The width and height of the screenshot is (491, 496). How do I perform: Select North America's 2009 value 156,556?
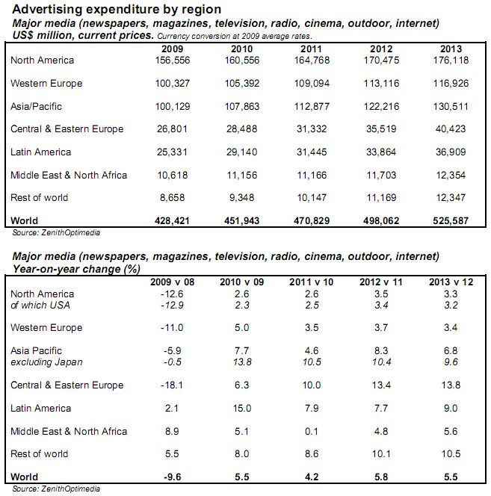click(173, 61)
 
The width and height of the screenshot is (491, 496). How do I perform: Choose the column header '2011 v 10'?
click(313, 282)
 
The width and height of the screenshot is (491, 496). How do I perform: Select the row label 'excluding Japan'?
click(46, 362)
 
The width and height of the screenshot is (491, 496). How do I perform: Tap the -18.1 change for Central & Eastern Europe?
click(173, 385)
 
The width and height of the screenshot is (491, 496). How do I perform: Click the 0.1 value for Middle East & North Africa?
click(313, 432)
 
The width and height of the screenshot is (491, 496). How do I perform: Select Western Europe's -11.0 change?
click(173, 328)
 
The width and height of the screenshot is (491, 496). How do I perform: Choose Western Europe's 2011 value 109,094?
click(312, 83)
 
